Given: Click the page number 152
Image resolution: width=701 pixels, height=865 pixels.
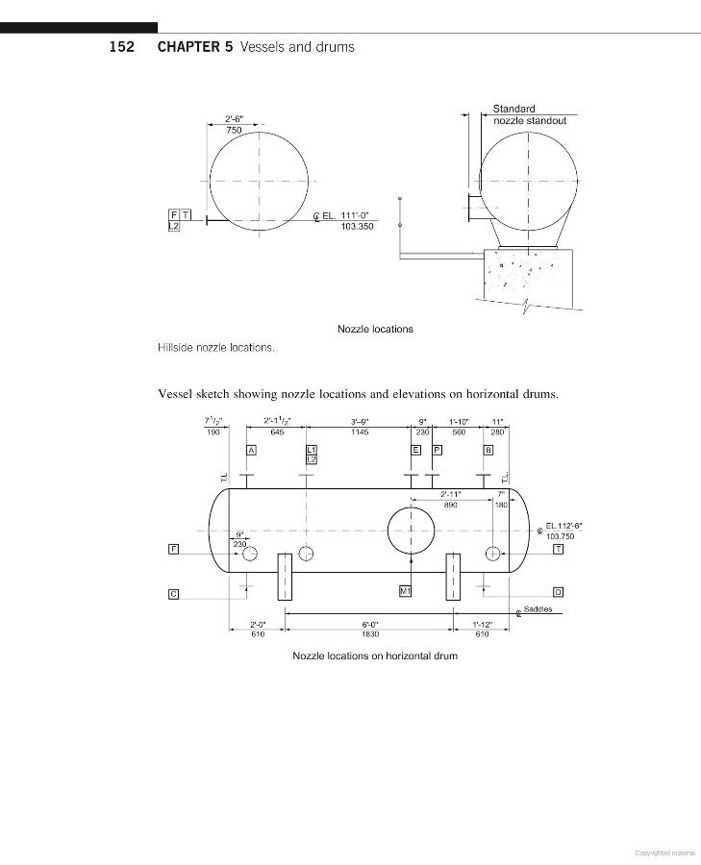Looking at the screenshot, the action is point(121,47).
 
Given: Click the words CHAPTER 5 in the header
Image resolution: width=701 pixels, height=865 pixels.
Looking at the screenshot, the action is point(195,47).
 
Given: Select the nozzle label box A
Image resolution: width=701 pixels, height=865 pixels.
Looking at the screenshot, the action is point(251,450).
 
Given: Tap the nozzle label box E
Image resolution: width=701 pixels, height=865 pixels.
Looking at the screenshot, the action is point(416,450).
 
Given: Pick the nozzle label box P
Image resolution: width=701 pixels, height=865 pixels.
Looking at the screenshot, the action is point(438,450).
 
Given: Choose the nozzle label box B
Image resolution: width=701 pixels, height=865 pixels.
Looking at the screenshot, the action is point(488,450).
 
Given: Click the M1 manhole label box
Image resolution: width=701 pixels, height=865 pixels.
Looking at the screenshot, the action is point(405,591).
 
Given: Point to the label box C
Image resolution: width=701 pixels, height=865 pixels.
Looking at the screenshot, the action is point(173,594).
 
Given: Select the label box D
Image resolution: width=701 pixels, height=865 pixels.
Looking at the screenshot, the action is point(558,592).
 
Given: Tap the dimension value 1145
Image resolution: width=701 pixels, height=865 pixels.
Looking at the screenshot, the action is point(360,432).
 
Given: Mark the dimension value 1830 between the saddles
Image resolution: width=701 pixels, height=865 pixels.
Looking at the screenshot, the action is point(370,634).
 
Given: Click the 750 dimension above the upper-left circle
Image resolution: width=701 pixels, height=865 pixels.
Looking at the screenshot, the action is point(234,130).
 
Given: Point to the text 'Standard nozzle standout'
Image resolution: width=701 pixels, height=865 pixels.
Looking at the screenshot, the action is point(529,114).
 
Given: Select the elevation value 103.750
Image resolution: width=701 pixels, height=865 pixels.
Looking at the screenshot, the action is point(561,536).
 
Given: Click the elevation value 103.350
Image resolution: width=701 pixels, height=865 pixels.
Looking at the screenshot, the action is point(357,227).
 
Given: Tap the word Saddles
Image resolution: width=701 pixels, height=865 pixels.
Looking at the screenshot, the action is point(538,609).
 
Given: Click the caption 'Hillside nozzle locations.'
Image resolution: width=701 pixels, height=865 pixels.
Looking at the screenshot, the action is point(215,348).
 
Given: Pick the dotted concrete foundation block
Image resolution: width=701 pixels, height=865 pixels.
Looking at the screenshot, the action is point(528,276).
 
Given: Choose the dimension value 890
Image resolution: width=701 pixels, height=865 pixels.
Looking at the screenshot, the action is point(451,505).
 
